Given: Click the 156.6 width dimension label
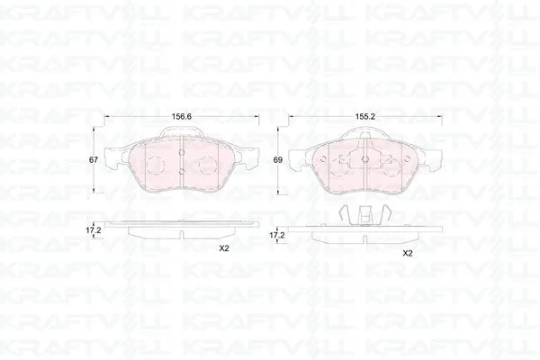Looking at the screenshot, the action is [182, 117].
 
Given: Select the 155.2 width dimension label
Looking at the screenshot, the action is [364, 117].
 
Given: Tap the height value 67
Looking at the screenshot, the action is [94, 160].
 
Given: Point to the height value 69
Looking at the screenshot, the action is [277, 160].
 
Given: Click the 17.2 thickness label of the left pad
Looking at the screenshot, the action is [93, 230].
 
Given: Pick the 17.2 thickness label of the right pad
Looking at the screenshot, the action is [277, 236].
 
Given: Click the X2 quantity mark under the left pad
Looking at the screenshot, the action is [224, 248].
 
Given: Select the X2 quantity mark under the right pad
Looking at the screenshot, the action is [408, 254].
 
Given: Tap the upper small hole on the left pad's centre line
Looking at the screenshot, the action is [183, 153].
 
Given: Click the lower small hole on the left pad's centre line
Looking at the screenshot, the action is [183, 170].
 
